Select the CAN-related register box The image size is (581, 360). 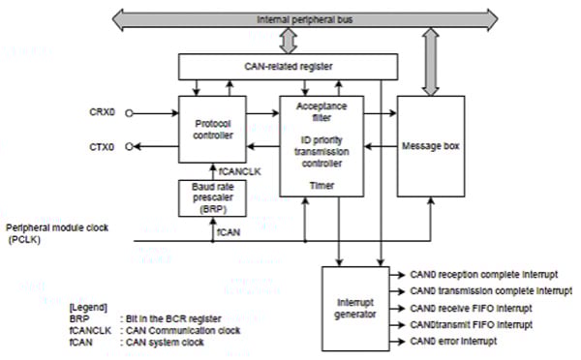tap(288, 66)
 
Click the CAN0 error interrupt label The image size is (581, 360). tap(455, 342)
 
